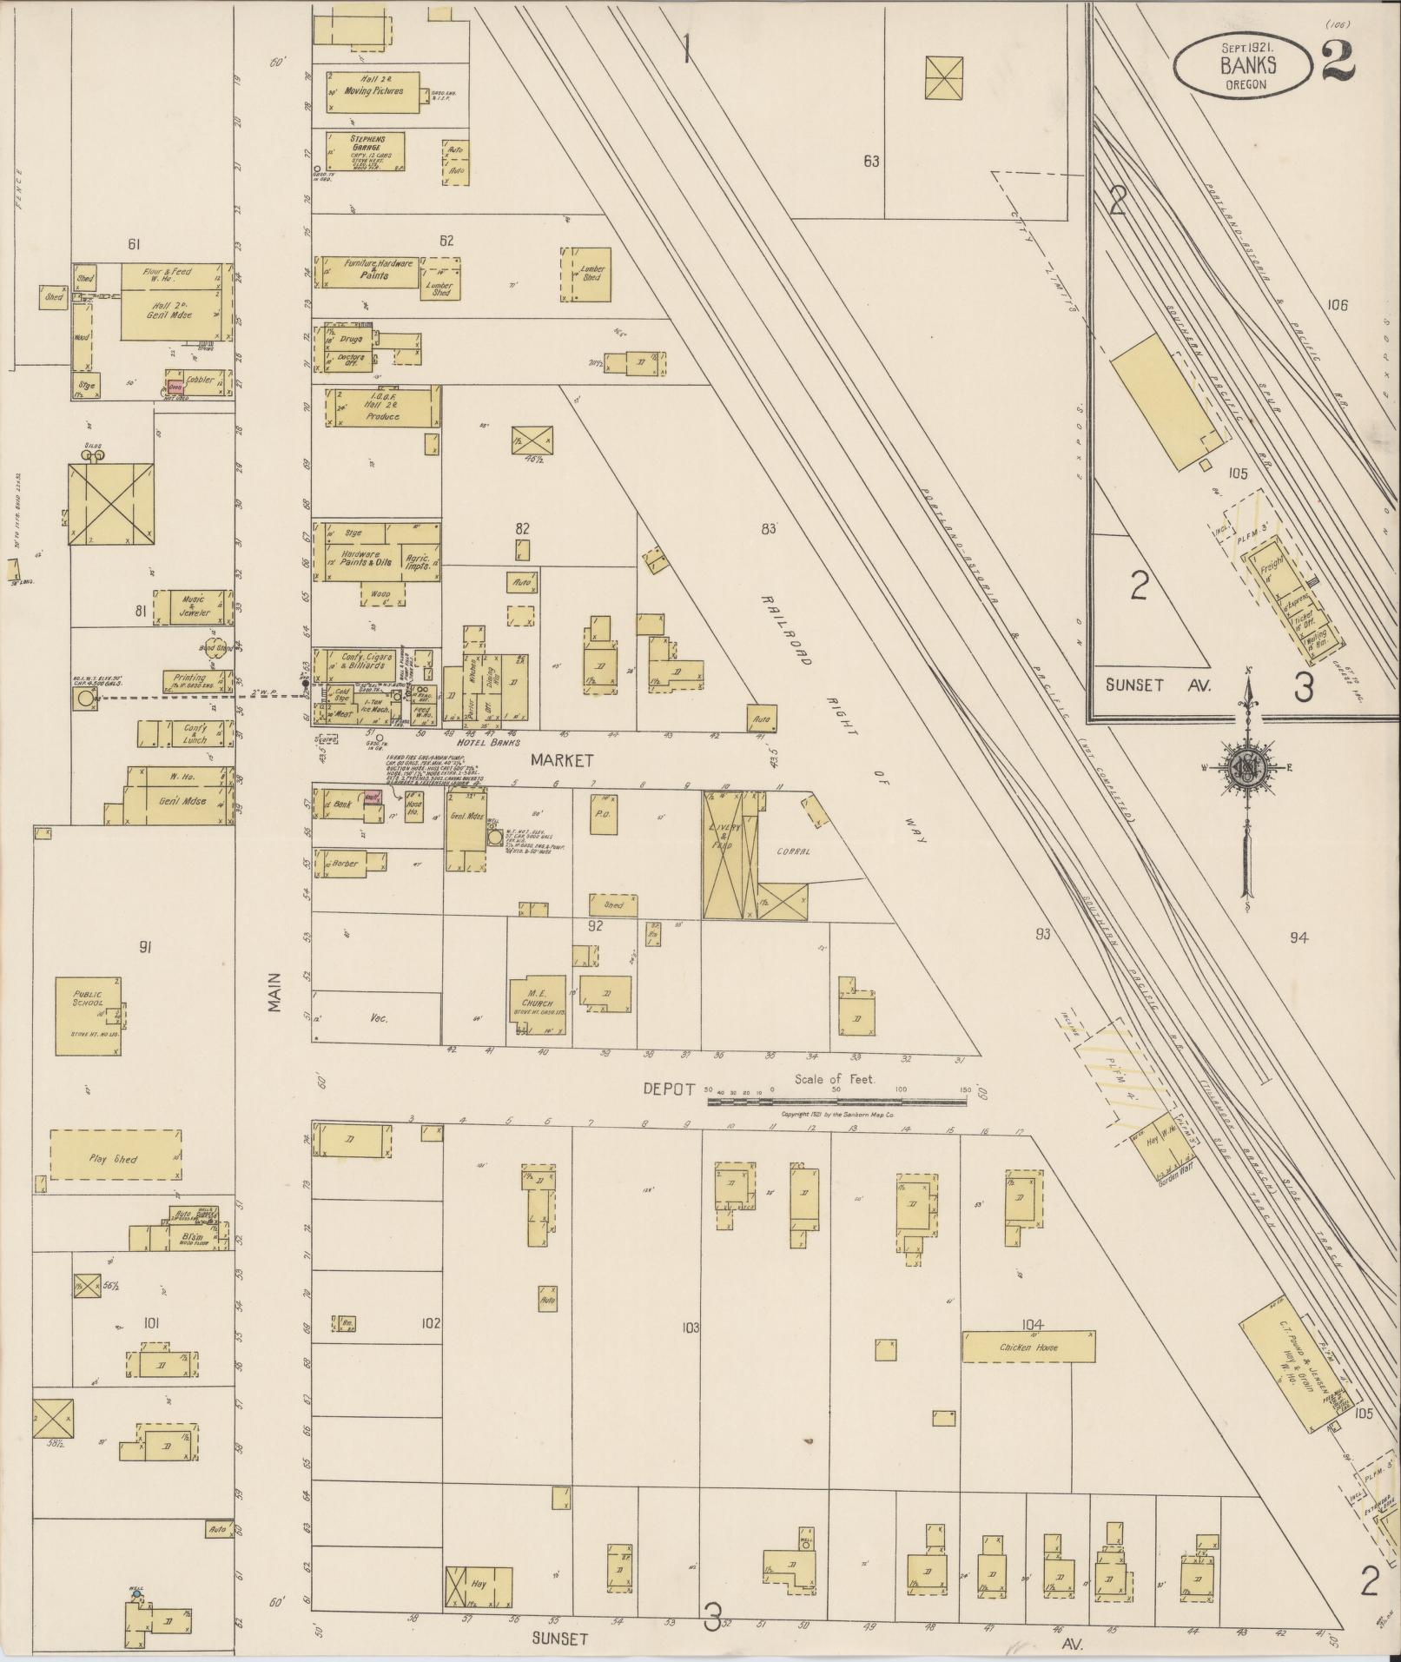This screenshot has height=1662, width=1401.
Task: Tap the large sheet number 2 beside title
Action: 1339,61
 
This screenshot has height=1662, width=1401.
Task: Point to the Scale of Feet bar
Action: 836,1101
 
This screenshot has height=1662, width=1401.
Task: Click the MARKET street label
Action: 562,760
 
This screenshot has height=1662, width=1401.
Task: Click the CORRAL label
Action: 793,851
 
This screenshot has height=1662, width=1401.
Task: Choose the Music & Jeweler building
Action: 195,606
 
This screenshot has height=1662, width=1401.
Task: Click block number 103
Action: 691,1328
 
